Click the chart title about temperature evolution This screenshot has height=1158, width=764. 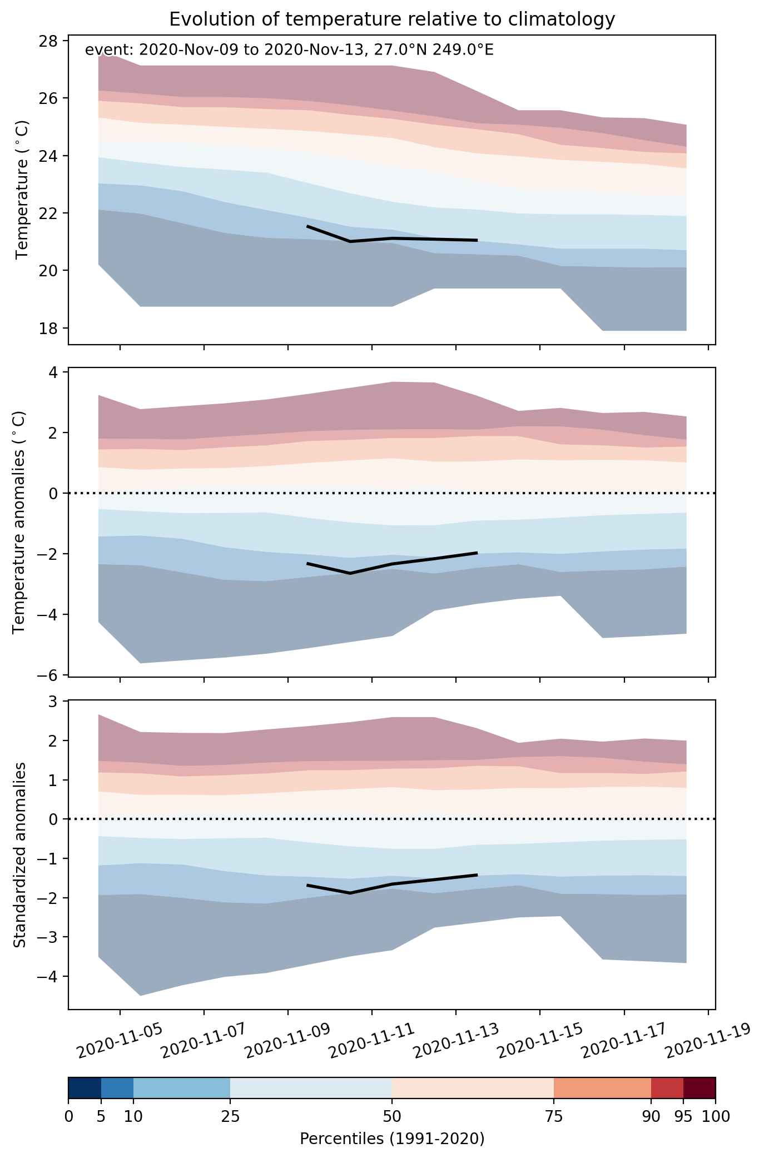(x=392, y=19)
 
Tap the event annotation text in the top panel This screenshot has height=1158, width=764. (x=289, y=51)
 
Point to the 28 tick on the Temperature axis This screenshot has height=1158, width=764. (x=51, y=41)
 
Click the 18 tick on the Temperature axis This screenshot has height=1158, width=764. (x=51, y=328)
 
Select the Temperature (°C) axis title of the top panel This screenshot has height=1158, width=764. (x=22, y=190)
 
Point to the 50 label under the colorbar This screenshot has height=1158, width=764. (x=391, y=1115)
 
